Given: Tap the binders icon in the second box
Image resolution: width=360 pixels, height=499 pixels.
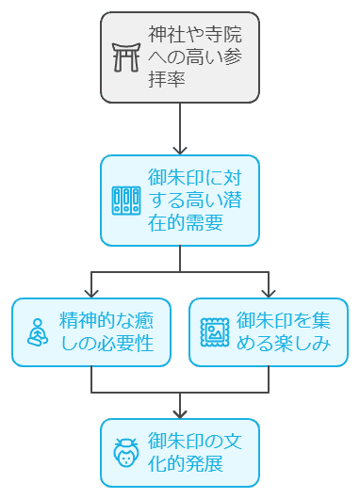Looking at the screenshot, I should pos(125,201).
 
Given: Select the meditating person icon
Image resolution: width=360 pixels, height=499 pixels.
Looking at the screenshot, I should pos(37,332).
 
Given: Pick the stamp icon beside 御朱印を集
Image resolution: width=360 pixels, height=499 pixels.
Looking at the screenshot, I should pos(214,332).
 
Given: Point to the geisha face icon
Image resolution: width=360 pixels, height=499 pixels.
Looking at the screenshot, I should pos(125,453).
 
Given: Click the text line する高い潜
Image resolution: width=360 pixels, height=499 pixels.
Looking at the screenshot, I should pos(194,201).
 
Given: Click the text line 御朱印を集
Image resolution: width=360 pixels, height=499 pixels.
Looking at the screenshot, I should pos(283,321).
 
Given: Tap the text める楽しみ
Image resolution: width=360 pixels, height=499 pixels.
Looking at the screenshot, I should pos(283,344).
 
